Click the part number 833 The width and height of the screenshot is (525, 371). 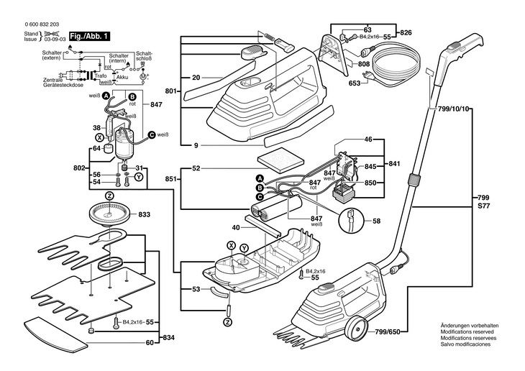tap(144, 214)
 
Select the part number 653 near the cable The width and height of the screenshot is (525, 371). tap(355, 83)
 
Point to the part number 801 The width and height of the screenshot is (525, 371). tap(171, 91)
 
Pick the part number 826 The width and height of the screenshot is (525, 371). tap(406, 32)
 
